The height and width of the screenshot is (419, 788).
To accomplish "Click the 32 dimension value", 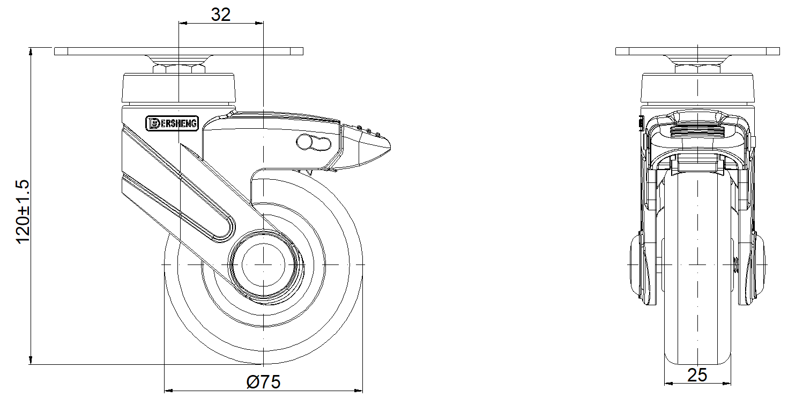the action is (220, 14).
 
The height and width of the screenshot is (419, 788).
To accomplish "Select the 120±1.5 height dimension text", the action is (23, 211).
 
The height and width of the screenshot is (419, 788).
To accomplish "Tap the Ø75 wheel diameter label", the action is (264, 382).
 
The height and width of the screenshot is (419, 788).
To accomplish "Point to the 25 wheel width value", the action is (697, 376).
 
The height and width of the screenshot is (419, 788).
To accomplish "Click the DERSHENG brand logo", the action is (173, 123).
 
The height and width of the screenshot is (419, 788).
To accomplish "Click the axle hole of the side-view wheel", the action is (263, 264).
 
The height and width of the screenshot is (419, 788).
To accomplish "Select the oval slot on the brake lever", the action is (314, 143).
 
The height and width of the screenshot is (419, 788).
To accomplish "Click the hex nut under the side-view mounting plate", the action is (179, 69).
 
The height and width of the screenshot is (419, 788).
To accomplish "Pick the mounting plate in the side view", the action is (179, 51).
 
